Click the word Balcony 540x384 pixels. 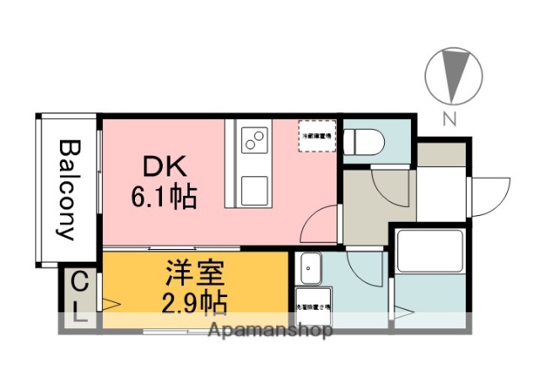tap(68, 190)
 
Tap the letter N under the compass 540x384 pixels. tap(450, 119)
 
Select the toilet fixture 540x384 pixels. tap(360, 138)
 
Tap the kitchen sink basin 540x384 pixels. tap(254, 190)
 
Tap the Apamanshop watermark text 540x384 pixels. tap(268, 330)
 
